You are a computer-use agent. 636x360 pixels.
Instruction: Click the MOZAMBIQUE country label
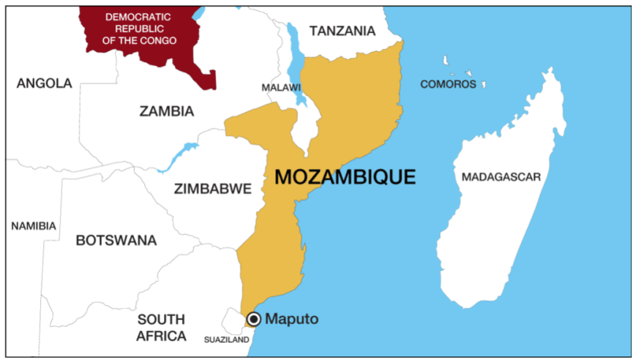point(345,177)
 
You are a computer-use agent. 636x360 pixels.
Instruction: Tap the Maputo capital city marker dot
point(254,318)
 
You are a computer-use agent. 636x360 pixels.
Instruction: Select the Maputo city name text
point(292,319)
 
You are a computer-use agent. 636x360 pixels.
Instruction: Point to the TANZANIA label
point(342,31)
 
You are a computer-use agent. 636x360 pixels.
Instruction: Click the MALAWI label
point(281,88)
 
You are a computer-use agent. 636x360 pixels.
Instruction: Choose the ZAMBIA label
point(166,111)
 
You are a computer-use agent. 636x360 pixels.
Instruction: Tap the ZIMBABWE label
point(212,189)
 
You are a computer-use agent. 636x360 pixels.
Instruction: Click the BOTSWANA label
point(116,240)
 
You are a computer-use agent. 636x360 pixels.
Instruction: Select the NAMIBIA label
point(33,226)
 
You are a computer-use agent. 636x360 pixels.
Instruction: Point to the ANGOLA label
point(44,83)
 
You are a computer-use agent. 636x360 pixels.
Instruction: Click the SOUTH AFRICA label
point(161,328)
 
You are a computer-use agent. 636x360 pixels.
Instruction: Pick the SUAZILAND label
point(228,340)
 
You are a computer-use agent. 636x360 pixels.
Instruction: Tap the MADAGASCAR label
point(501,177)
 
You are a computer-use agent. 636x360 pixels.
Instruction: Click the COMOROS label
point(448,84)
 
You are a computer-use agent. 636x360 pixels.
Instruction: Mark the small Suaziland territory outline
point(236,320)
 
